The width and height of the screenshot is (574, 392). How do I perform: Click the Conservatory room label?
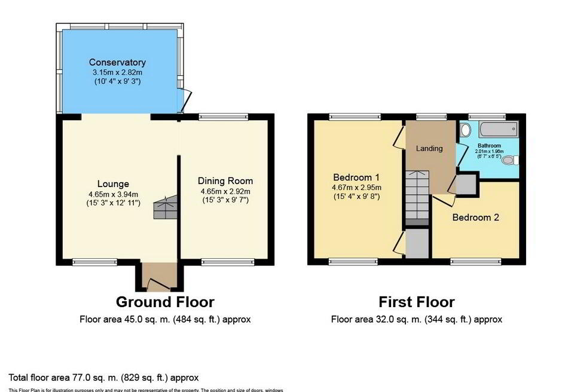coord(117,62)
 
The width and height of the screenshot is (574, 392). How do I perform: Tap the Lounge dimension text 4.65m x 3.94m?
coord(112,194)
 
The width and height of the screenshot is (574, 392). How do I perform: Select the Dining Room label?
coord(225,181)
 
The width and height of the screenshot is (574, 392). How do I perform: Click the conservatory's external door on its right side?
coord(186,99)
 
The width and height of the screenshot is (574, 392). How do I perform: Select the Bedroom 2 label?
coord(475,218)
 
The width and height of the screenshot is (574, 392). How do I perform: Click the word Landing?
coord(429,148)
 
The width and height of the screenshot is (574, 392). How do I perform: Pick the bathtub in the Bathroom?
coord(494,129)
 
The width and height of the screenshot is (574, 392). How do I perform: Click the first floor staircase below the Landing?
coord(417,197)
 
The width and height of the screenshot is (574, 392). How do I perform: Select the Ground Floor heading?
coord(165,302)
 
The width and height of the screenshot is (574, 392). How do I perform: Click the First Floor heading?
coord(417,302)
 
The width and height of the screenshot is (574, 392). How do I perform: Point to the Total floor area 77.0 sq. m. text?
coord(103,378)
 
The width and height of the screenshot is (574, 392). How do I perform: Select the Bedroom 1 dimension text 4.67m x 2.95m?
coord(356,187)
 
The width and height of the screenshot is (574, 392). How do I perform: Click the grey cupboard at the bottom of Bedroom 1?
coord(417,244)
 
